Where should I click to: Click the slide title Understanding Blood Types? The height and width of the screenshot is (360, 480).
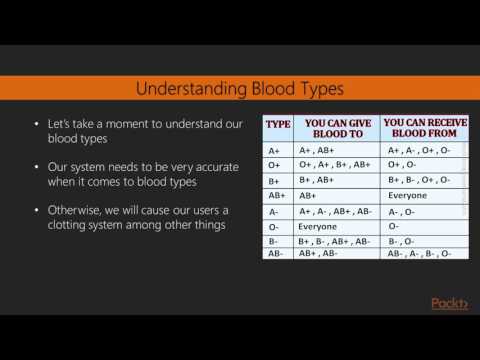tap(239, 89)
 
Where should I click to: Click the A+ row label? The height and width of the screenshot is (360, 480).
tap(273, 151)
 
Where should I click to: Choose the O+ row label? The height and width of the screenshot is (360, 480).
tap(273, 166)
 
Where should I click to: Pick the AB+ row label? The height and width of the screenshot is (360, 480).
tap(276, 196)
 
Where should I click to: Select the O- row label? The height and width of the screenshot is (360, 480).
tap(273, 226)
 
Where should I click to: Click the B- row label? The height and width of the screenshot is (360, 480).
tap(273, 241)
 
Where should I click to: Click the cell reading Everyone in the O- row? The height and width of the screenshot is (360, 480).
tap(318, 226)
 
